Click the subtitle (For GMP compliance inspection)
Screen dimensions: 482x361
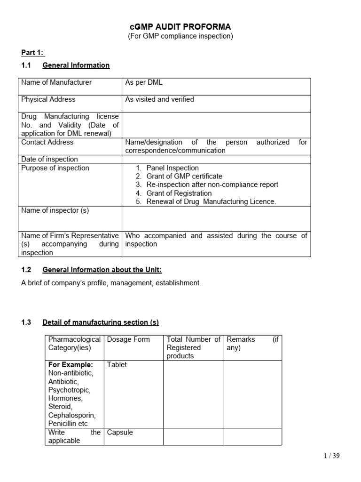tap(180, 36)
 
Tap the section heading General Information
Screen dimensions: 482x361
tap(76, 65)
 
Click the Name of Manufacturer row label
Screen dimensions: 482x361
tap(56, 82)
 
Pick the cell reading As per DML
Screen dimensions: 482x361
tap(144, 82)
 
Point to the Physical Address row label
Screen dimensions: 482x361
tap(48, 99)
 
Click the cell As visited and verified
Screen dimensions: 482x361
tap(159, 99)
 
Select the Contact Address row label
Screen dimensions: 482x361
tap(47, 142)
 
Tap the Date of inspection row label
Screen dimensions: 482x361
tap(49, 159)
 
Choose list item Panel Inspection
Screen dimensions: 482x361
tap(173, 168)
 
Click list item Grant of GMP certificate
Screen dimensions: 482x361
tap(184, 177)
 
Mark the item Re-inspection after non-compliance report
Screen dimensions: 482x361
tap(212, 185)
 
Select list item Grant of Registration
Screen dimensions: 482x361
tap(179, 193)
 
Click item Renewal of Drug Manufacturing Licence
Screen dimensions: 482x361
tap(211, 202)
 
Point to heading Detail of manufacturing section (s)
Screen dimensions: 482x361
tap(101, 322)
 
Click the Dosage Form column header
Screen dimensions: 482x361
tap(128, 339)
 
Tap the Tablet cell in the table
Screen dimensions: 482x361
tap(117, 365)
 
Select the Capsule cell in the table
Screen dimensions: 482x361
tap(120, 433)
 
